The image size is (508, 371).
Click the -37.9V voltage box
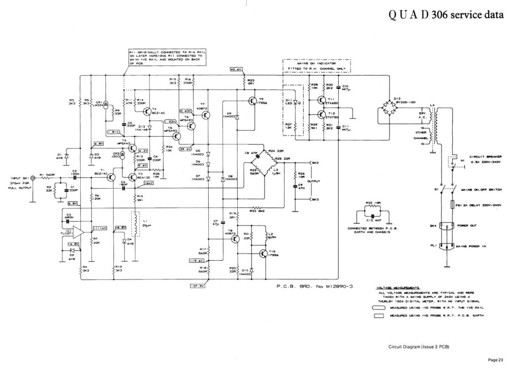point(197,286)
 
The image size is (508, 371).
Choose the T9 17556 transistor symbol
point(252,101)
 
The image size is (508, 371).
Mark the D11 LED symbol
point(297,102)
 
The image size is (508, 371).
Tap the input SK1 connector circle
point(34,178)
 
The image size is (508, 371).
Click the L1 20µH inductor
point(136,225)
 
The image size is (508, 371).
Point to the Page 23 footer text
point(495,360)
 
